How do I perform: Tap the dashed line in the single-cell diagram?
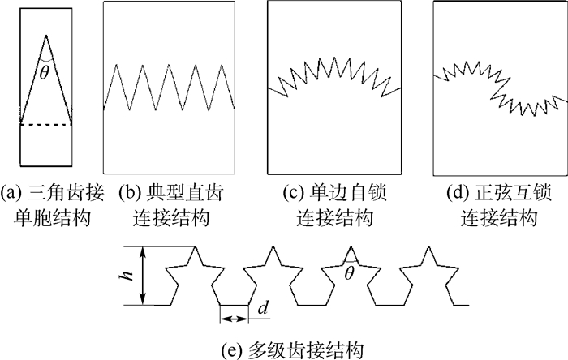pos(46,124)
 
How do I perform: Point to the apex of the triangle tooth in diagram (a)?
pos(46,35)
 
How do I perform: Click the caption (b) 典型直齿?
pos(171,195)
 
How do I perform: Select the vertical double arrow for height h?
pos(144,276)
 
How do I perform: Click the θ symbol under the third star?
pos(350,275)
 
